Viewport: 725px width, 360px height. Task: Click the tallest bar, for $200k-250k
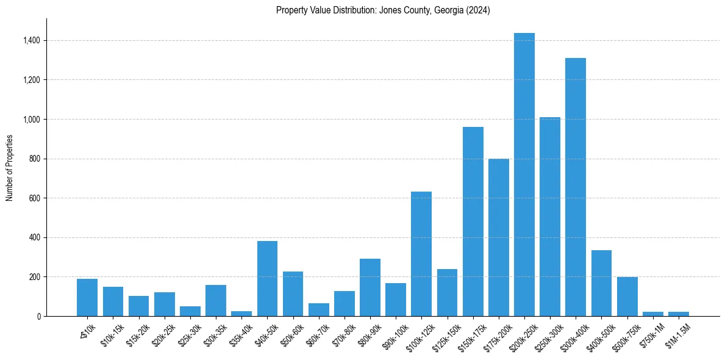524,175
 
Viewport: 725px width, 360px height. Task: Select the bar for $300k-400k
575,187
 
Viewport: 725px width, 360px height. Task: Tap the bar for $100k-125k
421,254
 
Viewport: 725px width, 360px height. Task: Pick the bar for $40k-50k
267,278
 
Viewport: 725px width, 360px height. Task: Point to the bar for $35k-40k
241,314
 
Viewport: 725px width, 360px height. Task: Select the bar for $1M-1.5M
678,314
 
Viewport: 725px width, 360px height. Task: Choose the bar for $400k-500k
601,283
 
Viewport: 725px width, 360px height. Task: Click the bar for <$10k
87,297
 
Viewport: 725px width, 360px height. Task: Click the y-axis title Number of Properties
9,167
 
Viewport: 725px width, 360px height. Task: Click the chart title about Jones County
383,10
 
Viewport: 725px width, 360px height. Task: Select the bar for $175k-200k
498,237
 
